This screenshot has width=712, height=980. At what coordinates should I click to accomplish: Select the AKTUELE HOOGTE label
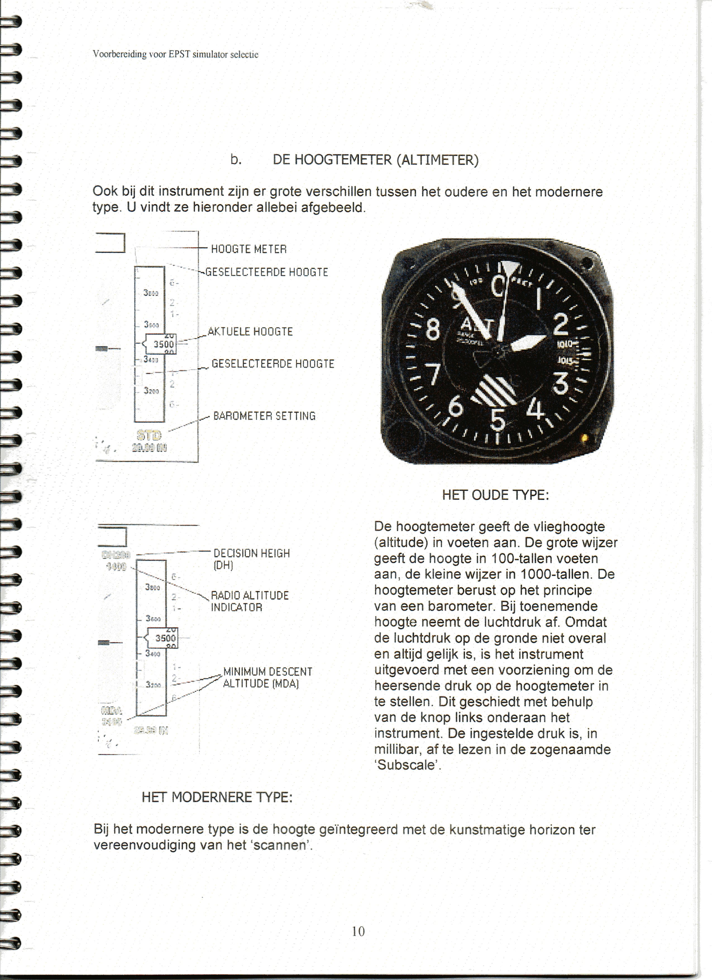[250, 332]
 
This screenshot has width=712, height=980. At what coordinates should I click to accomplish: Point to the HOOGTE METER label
[249, 249]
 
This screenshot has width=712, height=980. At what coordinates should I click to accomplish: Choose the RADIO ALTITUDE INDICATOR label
[249, 601]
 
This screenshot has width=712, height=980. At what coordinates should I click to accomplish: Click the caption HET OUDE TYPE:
[495, 495]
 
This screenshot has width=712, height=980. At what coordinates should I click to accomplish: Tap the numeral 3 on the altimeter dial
[561, 383]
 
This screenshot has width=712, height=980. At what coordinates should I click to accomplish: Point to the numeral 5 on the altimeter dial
[498, 420]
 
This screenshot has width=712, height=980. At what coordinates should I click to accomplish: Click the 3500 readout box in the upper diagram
[161, 344]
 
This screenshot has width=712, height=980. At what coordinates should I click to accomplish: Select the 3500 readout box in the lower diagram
[163, 638]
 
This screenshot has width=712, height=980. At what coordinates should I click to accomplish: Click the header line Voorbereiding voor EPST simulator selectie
[175, 54]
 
